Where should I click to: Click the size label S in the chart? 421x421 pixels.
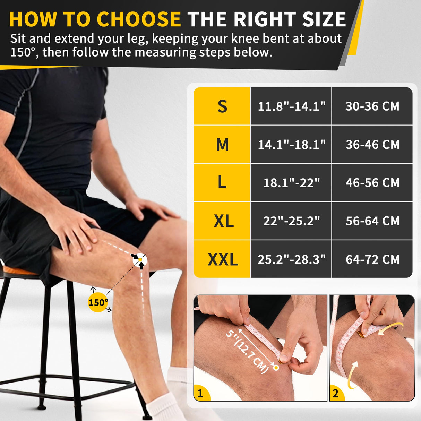click(222, 106)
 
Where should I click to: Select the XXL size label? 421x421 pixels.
click(223, 259)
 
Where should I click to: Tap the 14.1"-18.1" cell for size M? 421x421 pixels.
click(291, 144)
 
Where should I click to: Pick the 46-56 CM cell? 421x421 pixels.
click(372, 183)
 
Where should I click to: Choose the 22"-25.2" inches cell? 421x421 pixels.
click(291, 221)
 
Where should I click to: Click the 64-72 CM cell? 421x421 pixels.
click(372, 259)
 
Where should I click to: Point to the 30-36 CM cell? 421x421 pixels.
click(372, 106)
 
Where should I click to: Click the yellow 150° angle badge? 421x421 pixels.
click(98, 302)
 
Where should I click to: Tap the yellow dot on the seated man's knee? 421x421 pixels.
click(140, 259)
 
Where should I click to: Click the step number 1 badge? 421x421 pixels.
click(200, 394)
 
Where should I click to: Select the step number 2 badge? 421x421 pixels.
click(335, 394)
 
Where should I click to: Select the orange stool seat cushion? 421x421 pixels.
click(17, 270)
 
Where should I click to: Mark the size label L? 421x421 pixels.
click(222, 183)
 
